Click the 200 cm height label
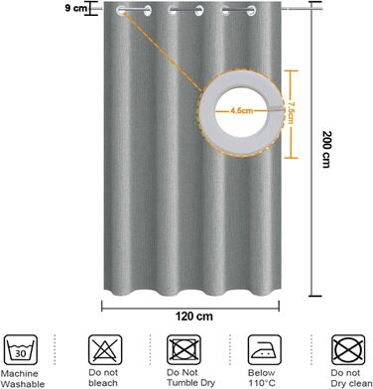tap(326, 149)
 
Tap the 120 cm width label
tap(194, 317)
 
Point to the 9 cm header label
tap(75, 8)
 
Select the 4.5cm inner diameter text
tap(242, 110)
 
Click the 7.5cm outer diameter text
tap(291, 112)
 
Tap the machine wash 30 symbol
tap(21, 349)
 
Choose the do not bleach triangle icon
tap(105, 349)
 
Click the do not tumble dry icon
tap(184, 349)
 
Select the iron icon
tap(265, 349)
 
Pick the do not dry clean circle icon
tap(348, 349)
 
